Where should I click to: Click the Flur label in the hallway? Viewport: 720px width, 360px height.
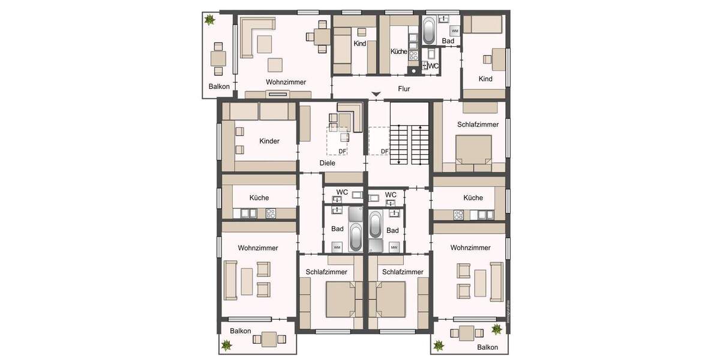coord(404,89)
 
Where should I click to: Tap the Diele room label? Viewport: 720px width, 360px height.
coord(327,163)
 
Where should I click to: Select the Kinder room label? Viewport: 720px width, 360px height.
coord(269,141)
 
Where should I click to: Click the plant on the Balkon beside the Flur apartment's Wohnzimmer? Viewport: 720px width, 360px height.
coord(209,21)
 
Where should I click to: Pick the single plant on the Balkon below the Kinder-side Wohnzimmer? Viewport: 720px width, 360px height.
coord(227,346)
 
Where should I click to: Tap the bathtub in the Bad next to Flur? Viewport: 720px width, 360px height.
coord(429,30)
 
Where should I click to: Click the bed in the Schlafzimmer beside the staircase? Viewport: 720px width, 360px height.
coord(473,150)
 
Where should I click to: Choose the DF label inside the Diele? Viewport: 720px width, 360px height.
coord(342,151)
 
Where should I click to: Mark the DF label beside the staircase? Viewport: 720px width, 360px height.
coord(385,151)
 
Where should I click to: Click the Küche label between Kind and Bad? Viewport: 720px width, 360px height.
coord(399,52)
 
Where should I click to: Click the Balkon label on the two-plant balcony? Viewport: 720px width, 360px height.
coord(487,347)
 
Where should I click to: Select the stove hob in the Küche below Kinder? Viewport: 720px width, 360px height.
coord(271,212)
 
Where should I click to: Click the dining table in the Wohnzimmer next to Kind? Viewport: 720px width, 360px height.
coord(320,37)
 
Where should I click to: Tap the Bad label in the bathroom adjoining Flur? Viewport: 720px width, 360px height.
coord(448,41)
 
